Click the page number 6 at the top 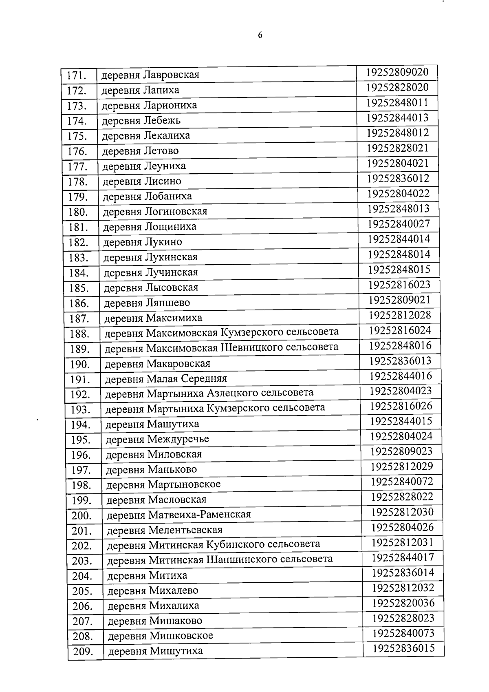click(x=260, y=35)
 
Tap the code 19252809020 click(x=397, y=72)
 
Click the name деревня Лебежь click(x=141, y=121)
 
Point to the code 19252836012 click(x=398, y=178)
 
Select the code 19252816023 click(x=399, y=285)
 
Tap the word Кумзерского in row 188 click(x=246, y=332)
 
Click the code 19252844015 click(x=401, y=421)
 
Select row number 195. click(x=80, y=440)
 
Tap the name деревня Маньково click(x=151, y=470)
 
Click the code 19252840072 click(x=402, y=482)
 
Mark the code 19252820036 click(x=403, y=603)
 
